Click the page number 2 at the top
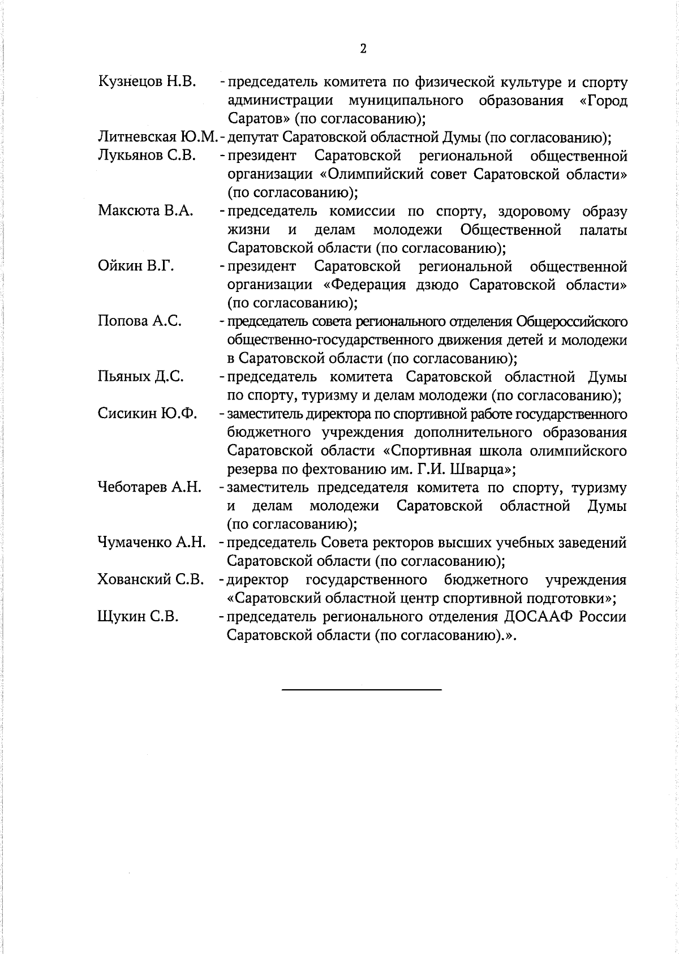(x=363, y=49)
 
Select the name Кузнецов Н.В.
(x=147, y=82)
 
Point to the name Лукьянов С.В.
(x=147, y=156)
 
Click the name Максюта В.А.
(x=145, y=211)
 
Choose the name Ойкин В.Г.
(x=135, y=266)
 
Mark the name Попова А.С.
(x=140, y=321)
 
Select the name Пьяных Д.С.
(x=140, y=376)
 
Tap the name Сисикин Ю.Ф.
(x=147, y=414)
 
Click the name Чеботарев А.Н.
(x=149, y=487)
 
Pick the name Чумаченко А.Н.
(x=151, y=543)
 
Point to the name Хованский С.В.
(x=151, y=579)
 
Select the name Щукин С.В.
(x=138, y=616)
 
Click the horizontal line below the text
(x=362, y=689)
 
